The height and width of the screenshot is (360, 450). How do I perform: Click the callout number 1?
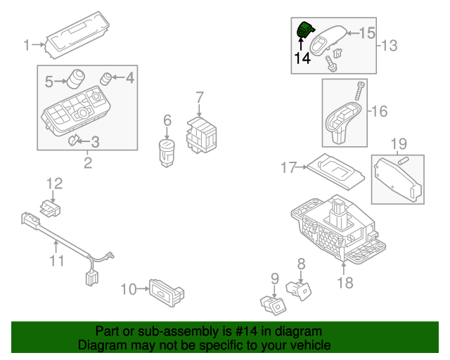[27, 46]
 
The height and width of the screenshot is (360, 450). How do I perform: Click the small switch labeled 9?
[273, 303]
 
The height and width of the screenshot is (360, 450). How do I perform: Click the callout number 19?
[399, 145]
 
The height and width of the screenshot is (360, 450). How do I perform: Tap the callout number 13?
[389, 46]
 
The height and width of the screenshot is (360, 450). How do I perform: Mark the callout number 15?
[368, 32]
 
